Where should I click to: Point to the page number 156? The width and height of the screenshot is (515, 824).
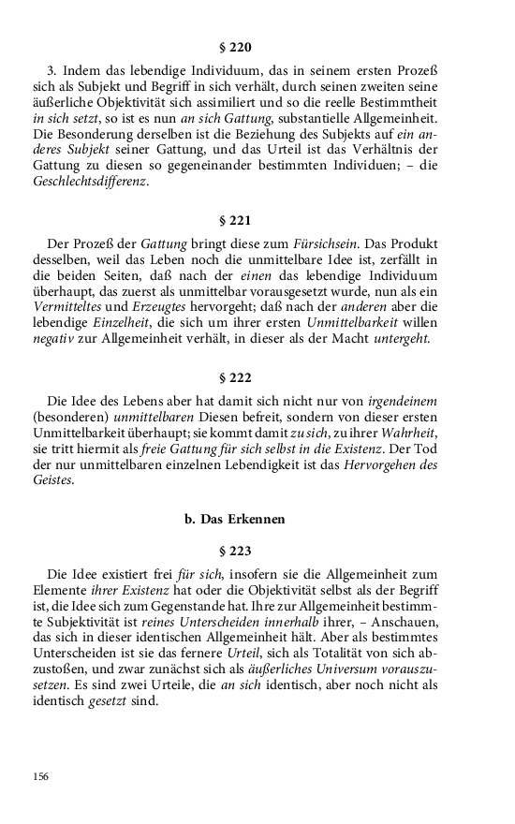[x=40, y=776]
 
